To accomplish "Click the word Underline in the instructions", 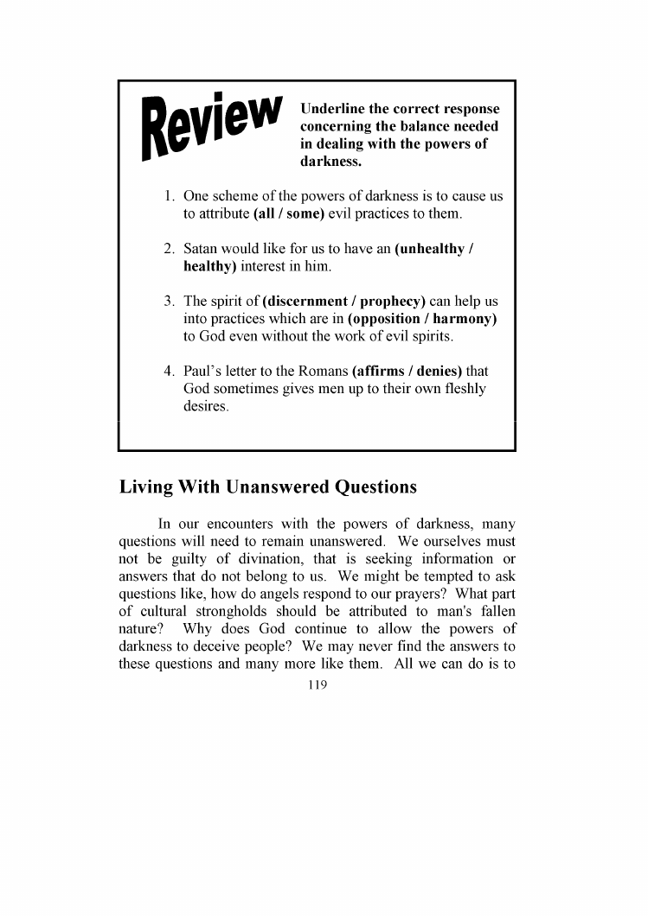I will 331,110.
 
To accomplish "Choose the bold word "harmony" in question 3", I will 463,319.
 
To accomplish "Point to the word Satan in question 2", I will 203,249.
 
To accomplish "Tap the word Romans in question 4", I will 323,372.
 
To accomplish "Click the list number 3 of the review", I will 170,302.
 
